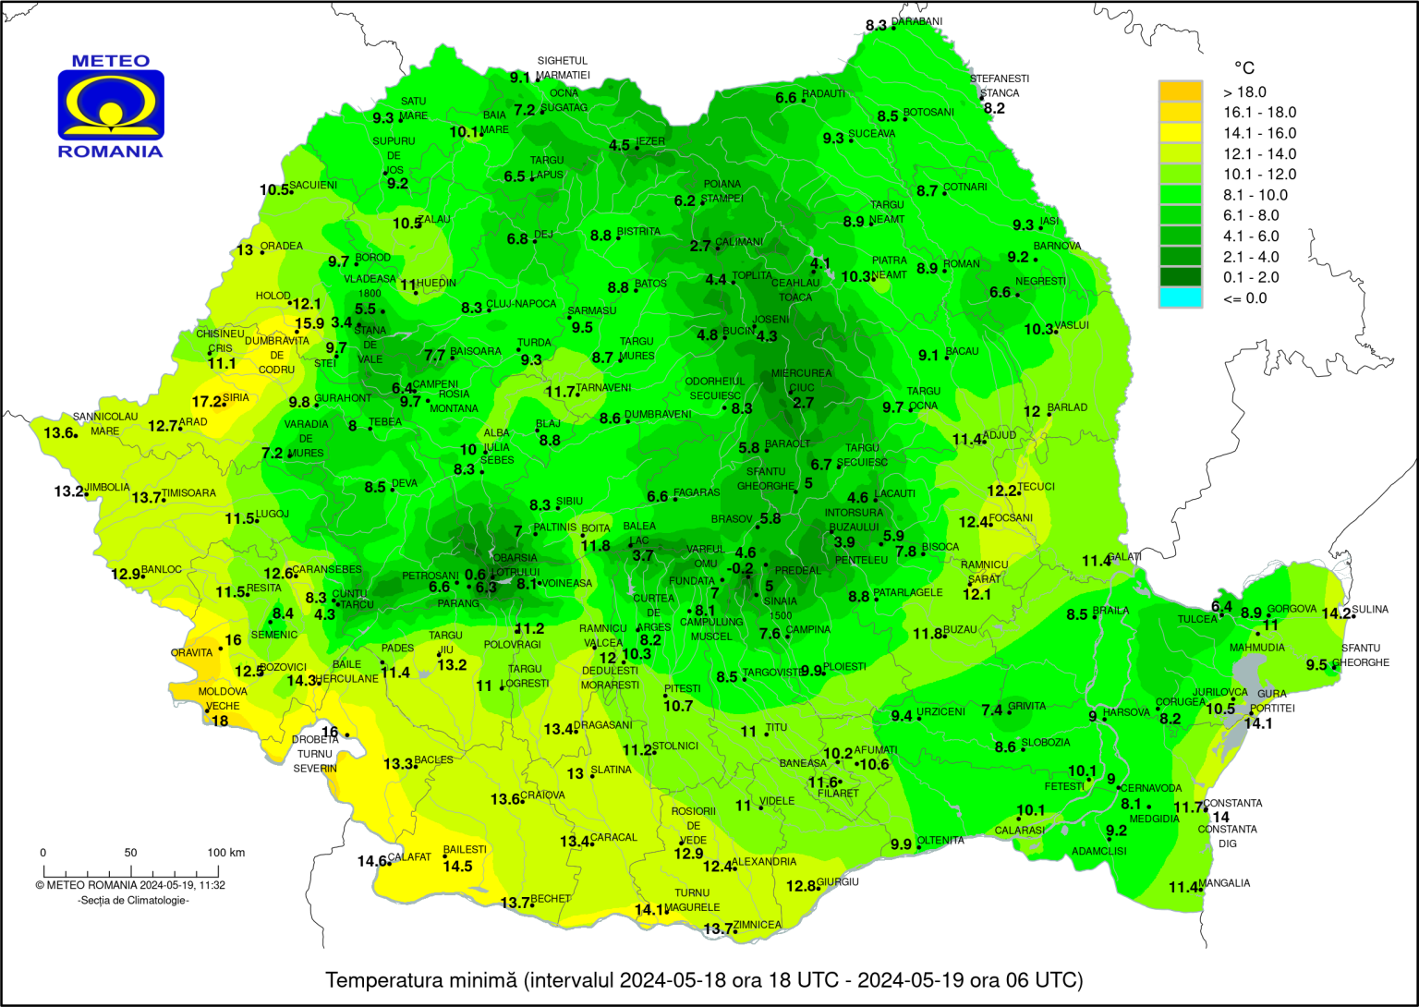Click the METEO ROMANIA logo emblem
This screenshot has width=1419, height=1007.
(111, 105)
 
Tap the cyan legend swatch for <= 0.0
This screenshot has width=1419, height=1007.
(1180, 297)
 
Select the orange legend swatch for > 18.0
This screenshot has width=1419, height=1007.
(1180, 91)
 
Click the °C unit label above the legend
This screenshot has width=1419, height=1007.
(1243, 67)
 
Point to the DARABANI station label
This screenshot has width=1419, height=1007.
(916, 22)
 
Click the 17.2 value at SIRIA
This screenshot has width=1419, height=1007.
(206, 402)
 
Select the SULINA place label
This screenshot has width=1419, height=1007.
(1370, 610)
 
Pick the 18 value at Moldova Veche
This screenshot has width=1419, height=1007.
(220, 721)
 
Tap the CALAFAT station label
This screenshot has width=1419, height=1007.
(409, 857)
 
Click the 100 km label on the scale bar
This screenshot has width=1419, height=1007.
(225, 853)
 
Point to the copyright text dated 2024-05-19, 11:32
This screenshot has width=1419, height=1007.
(130, 885)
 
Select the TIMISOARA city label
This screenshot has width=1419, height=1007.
(188, 493)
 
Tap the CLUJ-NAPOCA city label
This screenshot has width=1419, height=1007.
(521, 304)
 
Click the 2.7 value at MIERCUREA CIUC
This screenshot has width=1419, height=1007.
(803, 403)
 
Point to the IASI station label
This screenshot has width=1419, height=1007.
(1049, 222)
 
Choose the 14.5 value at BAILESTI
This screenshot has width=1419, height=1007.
(457, 866)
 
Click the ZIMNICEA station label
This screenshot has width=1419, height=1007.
(758, 925)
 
